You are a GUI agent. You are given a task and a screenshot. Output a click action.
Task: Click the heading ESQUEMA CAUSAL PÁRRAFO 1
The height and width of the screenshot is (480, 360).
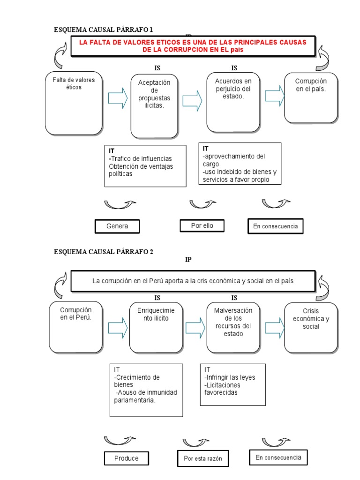[x=104, y=30]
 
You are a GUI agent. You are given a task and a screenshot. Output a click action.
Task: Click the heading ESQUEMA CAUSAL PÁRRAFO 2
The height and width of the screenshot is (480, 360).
[x=104, y=252]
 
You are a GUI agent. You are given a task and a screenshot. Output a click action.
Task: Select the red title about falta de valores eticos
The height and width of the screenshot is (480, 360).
[x=192, y=46]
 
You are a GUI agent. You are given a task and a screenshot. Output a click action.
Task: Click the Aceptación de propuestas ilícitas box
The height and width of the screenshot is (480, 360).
[x=154, y=105]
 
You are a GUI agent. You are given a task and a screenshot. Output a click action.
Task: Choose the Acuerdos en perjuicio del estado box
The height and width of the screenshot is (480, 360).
[x=233, y=102]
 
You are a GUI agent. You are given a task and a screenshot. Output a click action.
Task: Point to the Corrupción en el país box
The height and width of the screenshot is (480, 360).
[x=311, y=97]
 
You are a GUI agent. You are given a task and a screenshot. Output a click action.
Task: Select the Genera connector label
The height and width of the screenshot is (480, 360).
[x=117, y=226]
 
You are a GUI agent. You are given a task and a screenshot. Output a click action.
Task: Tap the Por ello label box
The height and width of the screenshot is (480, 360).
[x=202, y=225]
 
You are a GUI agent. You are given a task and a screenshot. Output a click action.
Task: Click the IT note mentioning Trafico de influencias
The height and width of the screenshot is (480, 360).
[x=145, y=166]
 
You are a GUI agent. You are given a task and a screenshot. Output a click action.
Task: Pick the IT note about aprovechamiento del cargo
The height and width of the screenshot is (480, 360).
[x=240, y=164]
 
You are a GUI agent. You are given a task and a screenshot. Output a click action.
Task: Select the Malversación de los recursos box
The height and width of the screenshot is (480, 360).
[x=233, y=327]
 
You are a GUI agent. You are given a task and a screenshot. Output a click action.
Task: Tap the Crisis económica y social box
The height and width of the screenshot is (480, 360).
[x=311, y=327]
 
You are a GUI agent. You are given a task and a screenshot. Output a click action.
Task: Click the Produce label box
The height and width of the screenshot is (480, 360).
[x=126, y=458]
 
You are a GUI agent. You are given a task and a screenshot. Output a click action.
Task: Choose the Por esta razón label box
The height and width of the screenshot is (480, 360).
[x=202, y=458]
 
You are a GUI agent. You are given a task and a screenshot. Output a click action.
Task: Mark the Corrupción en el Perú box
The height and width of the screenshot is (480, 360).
[x=76, y=327]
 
